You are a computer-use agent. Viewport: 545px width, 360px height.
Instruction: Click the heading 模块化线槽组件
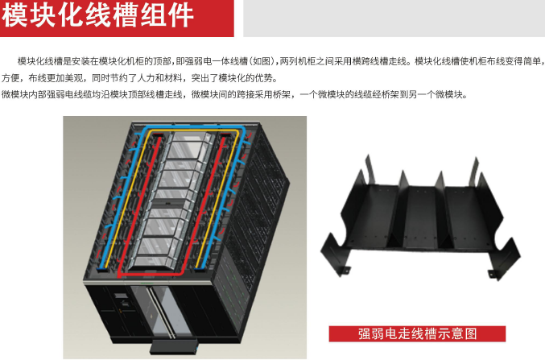97,14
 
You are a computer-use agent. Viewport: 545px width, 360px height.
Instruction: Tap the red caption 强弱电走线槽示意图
417,334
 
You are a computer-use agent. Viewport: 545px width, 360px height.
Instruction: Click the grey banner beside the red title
394,18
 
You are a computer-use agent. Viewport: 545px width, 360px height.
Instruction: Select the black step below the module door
174,347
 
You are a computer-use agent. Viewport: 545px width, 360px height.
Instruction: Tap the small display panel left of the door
122,296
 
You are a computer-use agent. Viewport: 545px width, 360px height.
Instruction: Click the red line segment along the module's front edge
151,275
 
